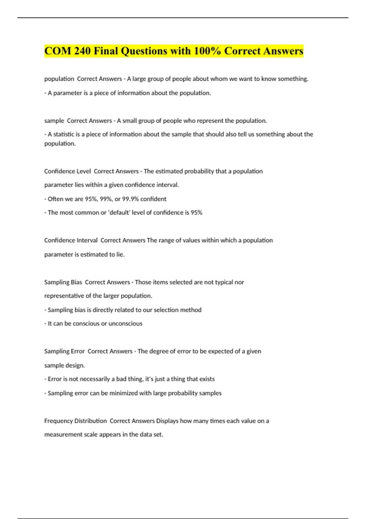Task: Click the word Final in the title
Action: [106, 51]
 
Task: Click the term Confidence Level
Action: [67, 171]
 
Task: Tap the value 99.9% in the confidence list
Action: [130, 199]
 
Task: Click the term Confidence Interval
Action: [71, 240]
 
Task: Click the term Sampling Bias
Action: [63, 282]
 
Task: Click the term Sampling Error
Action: [64, 351]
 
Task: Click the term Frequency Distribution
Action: [75, 421]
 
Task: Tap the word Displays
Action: [167, 421]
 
